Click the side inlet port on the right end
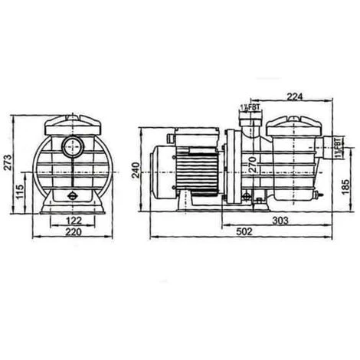tap(329, 146)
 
